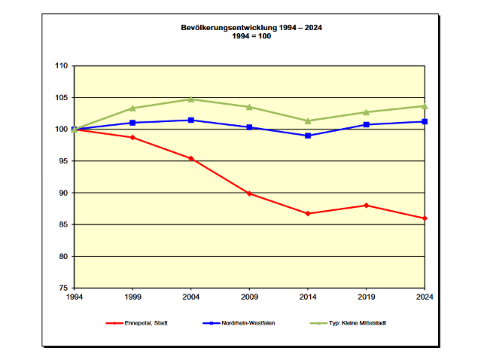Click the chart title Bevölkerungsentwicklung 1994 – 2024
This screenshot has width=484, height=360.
click(251, 28)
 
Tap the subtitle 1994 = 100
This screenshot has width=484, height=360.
click(251, 36)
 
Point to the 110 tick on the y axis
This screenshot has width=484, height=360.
click(61, 66)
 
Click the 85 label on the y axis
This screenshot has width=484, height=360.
click(63, 224)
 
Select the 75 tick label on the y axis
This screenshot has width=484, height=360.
click(63, 288)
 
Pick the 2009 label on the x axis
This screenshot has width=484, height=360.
click(249, 297)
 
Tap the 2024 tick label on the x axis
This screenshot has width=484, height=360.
click(425, 297)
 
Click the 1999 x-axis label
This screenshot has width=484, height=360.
click(132, 297)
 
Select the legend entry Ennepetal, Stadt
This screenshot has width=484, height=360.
click(136, 323)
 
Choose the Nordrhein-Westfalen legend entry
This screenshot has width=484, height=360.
click(239, 323)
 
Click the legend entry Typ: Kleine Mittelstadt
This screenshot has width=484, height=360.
click(348, 323)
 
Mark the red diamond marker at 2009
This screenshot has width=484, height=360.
click(249, 194)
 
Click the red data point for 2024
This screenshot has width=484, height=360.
click(425, 218)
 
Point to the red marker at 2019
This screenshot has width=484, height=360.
click(367, 206)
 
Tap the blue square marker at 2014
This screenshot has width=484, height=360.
click(308, 136)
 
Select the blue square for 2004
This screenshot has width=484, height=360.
click(191, 120)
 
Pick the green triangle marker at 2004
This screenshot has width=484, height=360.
click(191, 99)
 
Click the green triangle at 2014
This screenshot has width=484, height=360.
click(308, 121)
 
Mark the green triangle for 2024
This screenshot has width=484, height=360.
click(425, 106)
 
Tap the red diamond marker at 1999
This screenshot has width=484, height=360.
click(132, 137)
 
